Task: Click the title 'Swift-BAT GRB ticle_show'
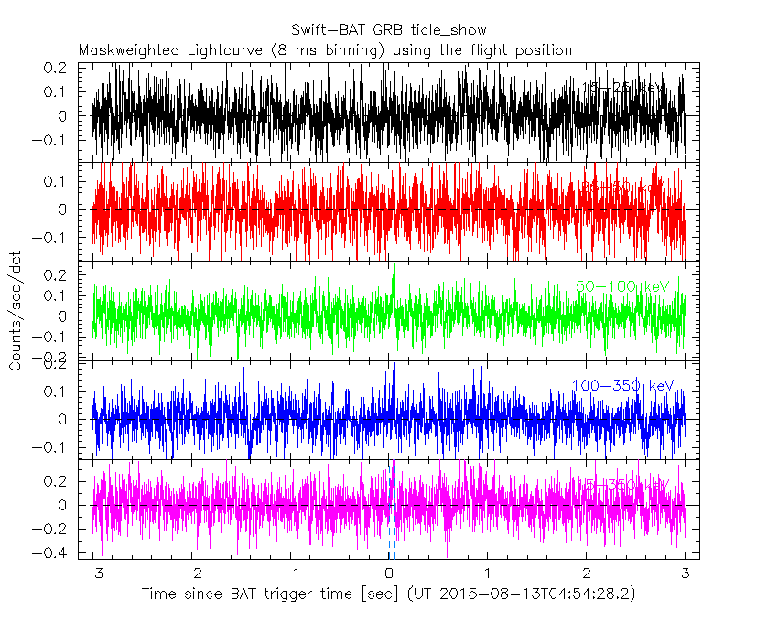pos(389,31)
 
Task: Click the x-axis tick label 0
pos(389,574)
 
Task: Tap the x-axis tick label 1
pos(488,574)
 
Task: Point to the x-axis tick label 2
pos(587,574)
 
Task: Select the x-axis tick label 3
pos(686,574)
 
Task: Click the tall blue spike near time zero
pos(394,366)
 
